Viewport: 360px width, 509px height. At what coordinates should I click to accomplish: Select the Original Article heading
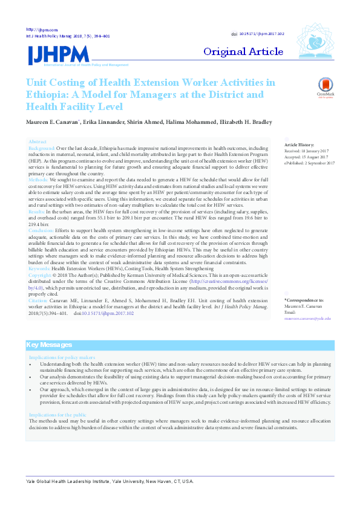pyautogui.click(x=243, y=51)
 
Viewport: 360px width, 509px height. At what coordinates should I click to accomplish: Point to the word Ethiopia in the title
pyautogui.click(x=47, y=94)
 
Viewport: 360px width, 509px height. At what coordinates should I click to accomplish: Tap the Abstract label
pyautogui.click(x=38, y=141)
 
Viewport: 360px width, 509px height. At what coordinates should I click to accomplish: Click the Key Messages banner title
pyautogui.click(x=50, y=345)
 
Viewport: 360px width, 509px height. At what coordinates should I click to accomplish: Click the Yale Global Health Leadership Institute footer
pyautogui.click(x=110, y=481)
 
